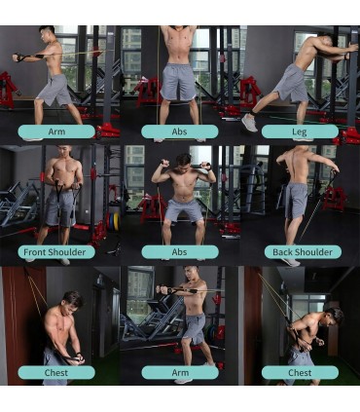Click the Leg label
[x=300, y=131]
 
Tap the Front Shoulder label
[x=55, y=252]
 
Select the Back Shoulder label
[x=303, y=252]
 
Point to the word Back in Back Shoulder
[x=283, y=252]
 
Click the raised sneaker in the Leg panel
[x=249, y=123]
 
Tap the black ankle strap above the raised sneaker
[x=253, y=113]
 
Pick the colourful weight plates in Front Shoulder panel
[x=113, y=222]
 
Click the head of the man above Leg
[x=325, y=42]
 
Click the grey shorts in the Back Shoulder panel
[x=296, y=200]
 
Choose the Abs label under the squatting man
[x=180, y=252]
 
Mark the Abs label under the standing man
[x=180, y=131]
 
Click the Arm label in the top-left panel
[x=56, y=131]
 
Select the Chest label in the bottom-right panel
[x=300, y=373]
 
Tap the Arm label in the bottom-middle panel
[x=180, y=373]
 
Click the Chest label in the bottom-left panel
[x=56, y=373]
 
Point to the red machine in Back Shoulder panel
[x=334, y=198]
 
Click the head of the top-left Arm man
[x=48, y=32]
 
